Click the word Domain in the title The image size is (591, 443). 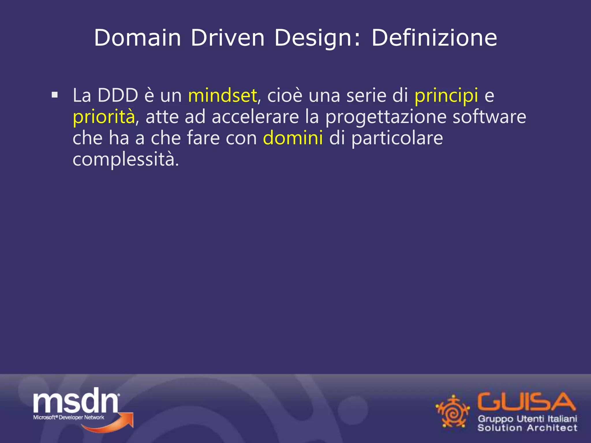click(x=137, y=38)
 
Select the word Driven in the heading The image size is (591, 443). click(x=227, y=38)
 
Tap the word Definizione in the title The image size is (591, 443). click(x=434, y=38)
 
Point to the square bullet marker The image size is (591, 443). click(x=55, y=95)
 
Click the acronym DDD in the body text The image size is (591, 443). click(x=118, y=95)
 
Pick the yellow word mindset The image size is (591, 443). click(x=222, y=95)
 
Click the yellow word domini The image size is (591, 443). click(x=293, y=138)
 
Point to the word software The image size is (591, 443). click(x=489, y=117)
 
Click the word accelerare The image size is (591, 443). click(x=255, y=117)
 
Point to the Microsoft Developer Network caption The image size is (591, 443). click(x=69, y=417)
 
